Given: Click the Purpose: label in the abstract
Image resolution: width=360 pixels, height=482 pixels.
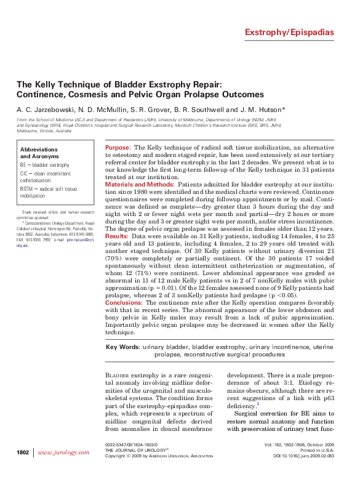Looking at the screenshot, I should pyautogui.click(x=118, y=148).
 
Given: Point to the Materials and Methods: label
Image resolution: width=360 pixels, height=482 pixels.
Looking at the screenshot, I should pyautogui.click(x=140, y=184).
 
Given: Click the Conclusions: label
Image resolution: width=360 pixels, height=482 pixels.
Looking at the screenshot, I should pyautogui.click(x=124, y=302).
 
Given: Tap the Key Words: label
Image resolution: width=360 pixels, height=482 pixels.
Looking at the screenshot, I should pyautogui.click(x=122, y=347).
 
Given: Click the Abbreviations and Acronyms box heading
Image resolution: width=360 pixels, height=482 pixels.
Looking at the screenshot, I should pyautogui.click(x=39, y=153).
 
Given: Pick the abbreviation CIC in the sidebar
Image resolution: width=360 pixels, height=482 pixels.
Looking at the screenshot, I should pyautogui.click(x=25, y=174).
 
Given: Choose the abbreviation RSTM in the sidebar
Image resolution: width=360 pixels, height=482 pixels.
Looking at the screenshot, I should pyautogui.click(x=28, y=189).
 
